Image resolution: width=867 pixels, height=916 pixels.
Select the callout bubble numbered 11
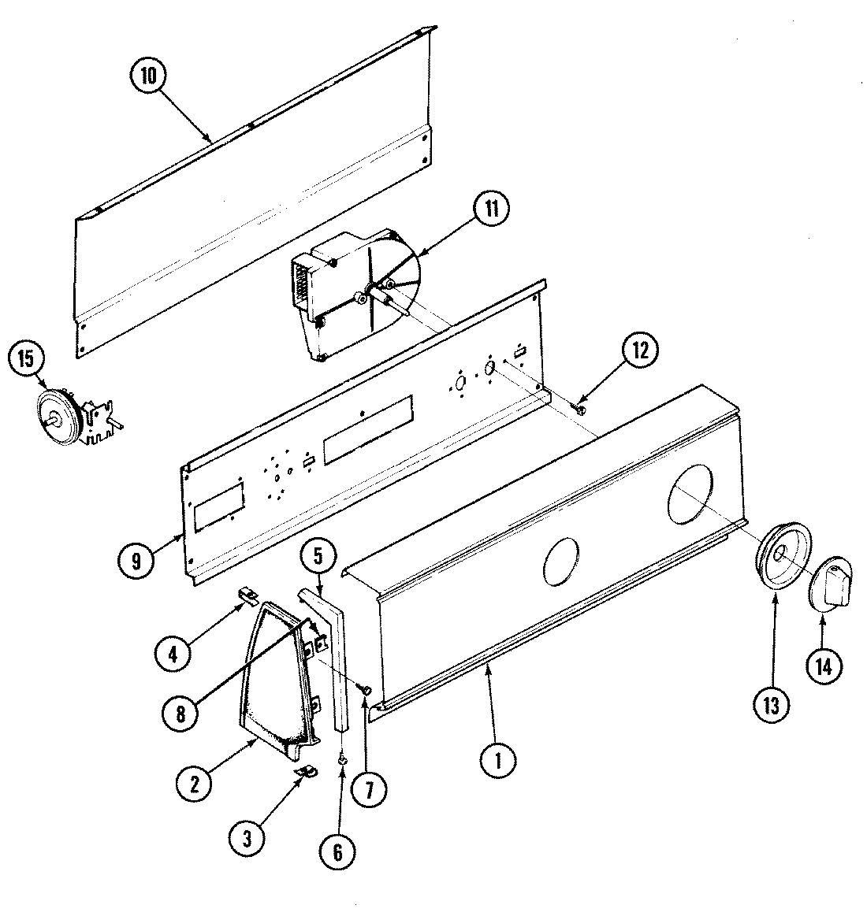[x=491, y=210]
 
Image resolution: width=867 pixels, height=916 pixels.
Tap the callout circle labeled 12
[x=638, y=352]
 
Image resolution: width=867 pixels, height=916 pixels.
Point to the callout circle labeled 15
[x=28, y=359]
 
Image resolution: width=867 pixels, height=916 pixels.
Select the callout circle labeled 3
[x=247, y=840]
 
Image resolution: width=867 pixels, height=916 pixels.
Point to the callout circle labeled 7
[x=369, y=788]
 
